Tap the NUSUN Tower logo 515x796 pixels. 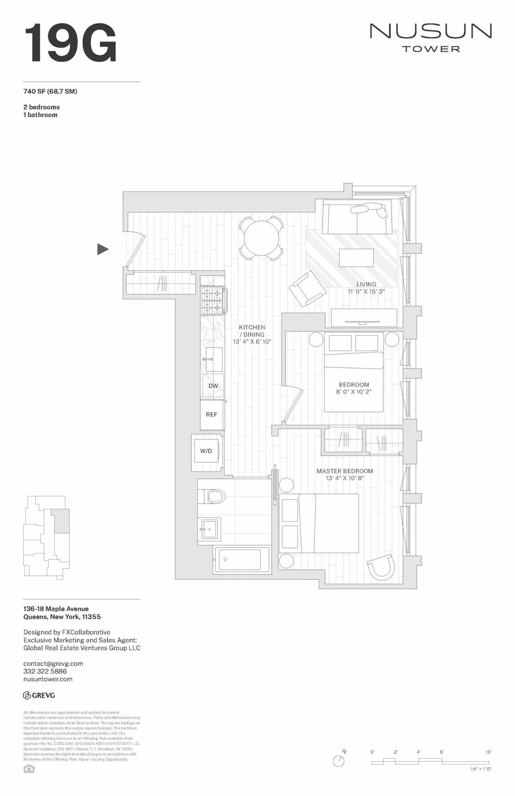click(430, 37)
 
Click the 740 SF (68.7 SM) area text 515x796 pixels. click(50, 91)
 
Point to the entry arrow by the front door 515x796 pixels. click(103, 249)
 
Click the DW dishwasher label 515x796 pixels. click(213, 386)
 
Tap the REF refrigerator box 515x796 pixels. click(212, 415)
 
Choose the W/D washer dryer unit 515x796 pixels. click(206, 451)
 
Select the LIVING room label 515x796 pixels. click(366, 284)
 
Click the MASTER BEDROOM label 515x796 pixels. click(345, 471)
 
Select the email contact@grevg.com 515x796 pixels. click(53, 663)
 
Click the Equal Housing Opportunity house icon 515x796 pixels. click(29, 769)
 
